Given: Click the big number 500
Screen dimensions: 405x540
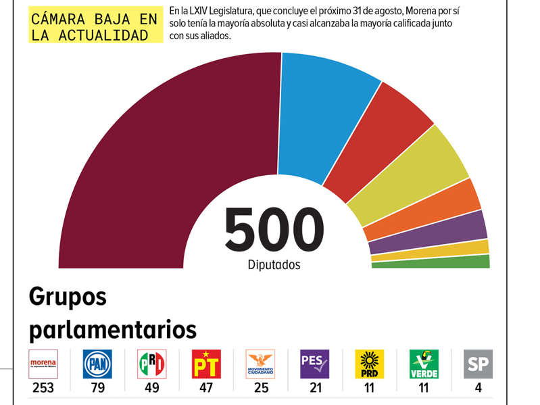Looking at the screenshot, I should pos(274,230).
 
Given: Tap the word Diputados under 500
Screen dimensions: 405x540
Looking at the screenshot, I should pos(274,265).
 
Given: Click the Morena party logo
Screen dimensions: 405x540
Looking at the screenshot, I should pos(43,364).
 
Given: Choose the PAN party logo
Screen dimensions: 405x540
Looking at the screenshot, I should pos(97,364).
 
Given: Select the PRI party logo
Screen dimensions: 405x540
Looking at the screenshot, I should pos(151,364).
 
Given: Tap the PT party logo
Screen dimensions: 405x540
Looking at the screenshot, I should pos(206,364).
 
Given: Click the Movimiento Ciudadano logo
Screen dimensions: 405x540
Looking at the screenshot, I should pos(261,364).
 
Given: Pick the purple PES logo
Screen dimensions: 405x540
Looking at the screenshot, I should pos(314,364).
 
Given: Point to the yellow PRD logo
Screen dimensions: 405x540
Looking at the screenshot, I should pos(369,364).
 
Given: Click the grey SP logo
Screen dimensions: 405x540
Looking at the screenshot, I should pos(478,364).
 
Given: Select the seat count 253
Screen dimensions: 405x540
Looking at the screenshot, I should pos(43,388).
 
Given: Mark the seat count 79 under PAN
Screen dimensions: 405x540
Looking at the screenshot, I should pos(97,388).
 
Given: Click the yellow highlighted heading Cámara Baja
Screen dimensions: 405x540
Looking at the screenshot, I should pos(97,26).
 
